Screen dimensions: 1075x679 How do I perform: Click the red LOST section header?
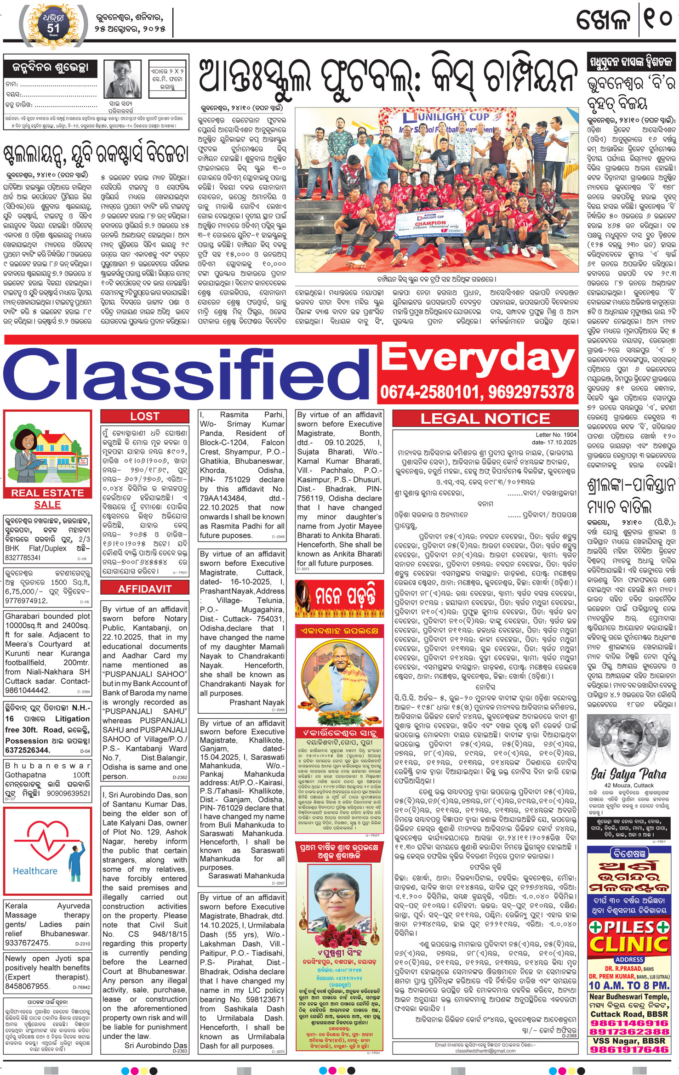coord(144,416)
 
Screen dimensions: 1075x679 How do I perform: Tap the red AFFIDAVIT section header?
coord(144,589)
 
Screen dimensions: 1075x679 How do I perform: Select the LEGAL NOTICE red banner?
coord(485,419)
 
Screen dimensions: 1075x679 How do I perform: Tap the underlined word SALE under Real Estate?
coord(47,505)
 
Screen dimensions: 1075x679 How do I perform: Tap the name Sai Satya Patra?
coord(628,774)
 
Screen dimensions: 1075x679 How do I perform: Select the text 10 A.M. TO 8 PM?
coord(629,985)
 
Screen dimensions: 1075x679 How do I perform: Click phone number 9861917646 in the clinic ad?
coord(629,1049)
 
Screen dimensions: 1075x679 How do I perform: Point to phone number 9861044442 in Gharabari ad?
coord(27,690)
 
